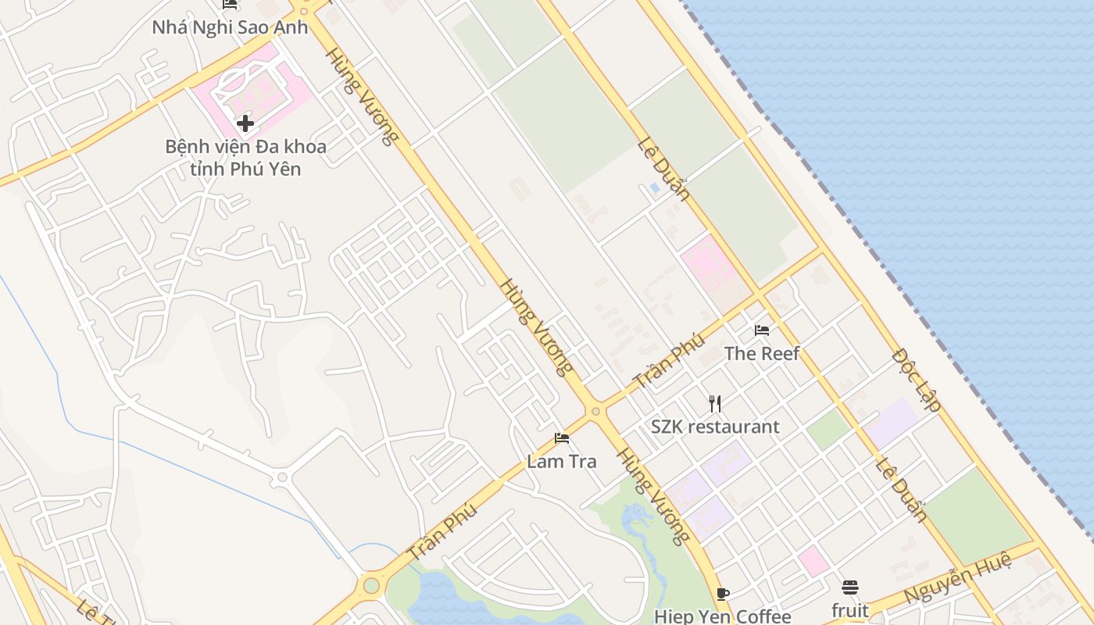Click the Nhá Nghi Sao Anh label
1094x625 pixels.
(230, 27)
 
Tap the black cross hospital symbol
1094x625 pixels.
(245, 123)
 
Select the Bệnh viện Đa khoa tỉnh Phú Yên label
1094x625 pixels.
(245, 157)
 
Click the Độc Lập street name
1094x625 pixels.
(916, 380)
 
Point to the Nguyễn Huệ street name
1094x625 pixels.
(957, 578)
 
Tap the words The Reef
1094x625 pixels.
(761, 353)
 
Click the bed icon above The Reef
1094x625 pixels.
(762, 330)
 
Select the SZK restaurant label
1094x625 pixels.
(715, 427)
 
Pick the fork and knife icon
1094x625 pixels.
(714, 403)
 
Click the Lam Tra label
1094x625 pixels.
(561, 461)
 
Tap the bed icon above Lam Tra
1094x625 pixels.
(561, 438)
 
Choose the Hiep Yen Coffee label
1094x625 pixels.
(722, 616)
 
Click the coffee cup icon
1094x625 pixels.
(723, 594)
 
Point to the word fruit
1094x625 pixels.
(849, 609)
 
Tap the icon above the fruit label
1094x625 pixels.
(849, 587)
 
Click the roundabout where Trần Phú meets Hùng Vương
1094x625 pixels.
(595, 411)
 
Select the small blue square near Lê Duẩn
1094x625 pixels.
(654, 187)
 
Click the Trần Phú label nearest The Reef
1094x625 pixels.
(669, 361)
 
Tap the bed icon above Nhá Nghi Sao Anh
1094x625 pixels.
(230, 5)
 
